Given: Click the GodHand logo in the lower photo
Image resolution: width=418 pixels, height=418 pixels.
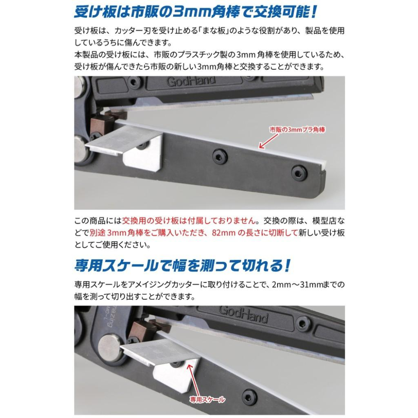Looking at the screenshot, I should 243,314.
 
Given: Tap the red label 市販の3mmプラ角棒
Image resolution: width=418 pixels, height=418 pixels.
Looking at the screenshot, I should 297,130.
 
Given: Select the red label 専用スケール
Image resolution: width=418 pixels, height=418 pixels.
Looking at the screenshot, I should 207,400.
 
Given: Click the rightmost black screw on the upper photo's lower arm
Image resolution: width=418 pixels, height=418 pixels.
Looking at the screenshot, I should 298,173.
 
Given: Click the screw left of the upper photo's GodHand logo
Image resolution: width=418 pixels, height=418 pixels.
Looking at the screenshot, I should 135,82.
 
